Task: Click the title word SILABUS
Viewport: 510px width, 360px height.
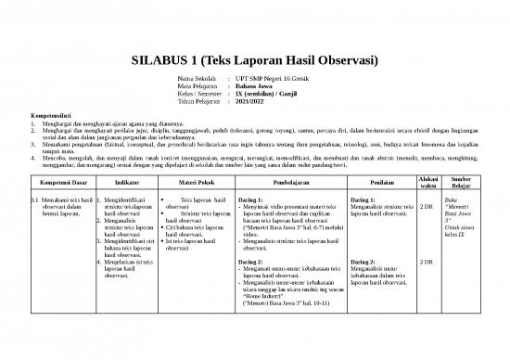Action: (x=162, y=62)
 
